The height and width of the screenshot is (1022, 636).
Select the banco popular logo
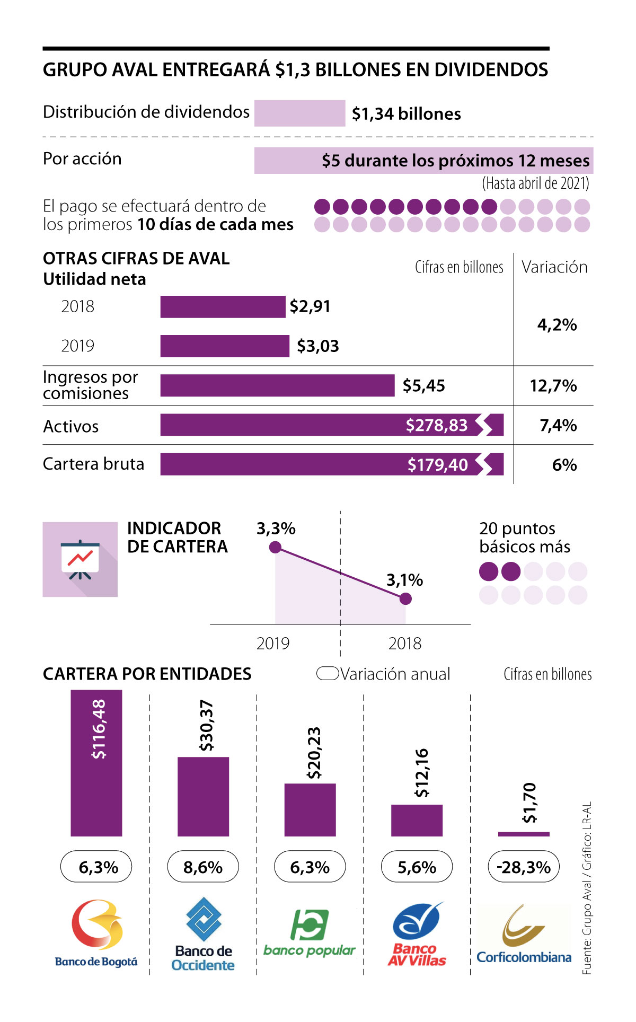tap(310, 933)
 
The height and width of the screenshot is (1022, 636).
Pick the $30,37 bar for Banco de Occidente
tap(203, 796)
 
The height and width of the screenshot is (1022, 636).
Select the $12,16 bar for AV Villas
tap(417, 820)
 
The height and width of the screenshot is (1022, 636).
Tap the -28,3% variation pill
tap(524, 867)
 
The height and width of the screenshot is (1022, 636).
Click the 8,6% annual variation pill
tap(203, 867)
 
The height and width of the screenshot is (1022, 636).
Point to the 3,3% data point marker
tap(275, 547)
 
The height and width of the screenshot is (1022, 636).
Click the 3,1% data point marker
tap(405, 598)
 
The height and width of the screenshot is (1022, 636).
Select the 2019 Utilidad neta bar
tap(225, 346)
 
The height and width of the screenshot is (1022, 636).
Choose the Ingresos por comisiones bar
tap(277, 385)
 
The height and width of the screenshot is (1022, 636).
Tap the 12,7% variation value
tap(553, 385)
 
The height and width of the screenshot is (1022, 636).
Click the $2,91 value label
tap(310, 306)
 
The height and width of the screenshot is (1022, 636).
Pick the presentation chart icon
tap(80, 559)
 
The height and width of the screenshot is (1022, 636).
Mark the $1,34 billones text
tap(407, 113)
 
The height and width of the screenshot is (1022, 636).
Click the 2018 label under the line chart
tap(405, 644)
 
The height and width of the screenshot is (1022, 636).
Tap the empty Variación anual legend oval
tap(328, 673)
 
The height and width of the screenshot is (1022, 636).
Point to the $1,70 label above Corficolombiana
tap(529, 803)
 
